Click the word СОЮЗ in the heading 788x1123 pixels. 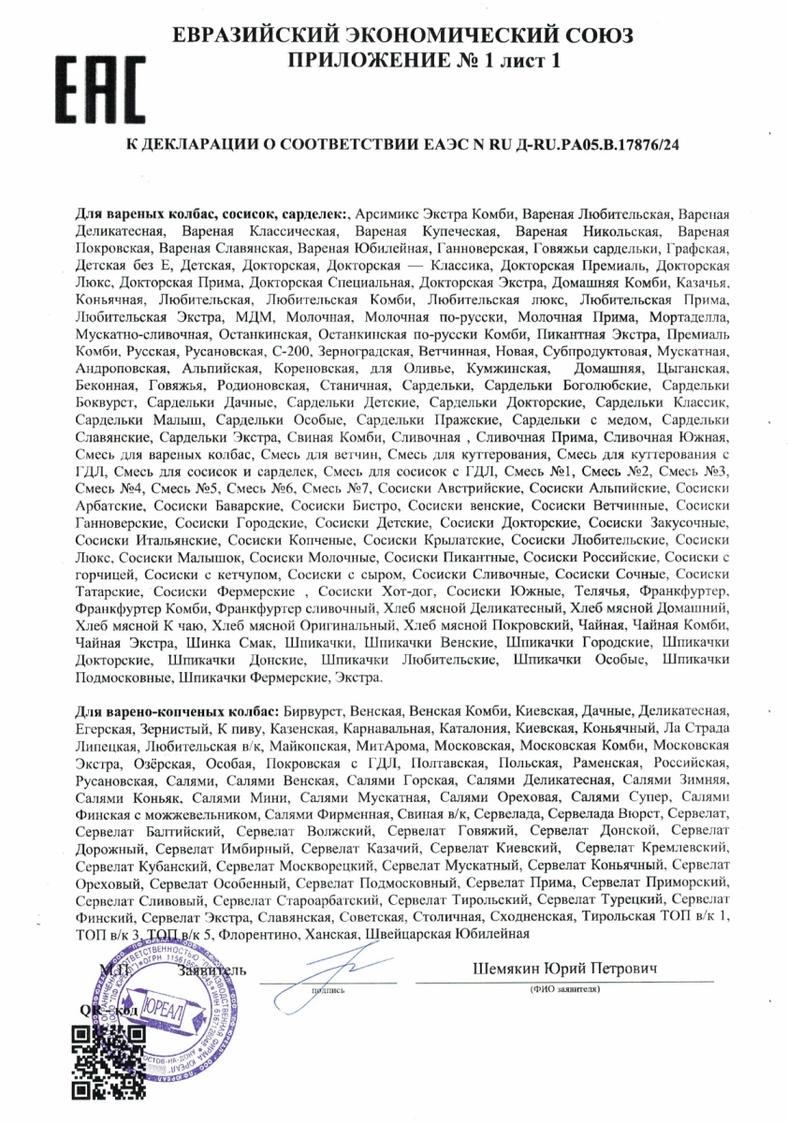[591, 36]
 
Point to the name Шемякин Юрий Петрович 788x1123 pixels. [566, 968]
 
